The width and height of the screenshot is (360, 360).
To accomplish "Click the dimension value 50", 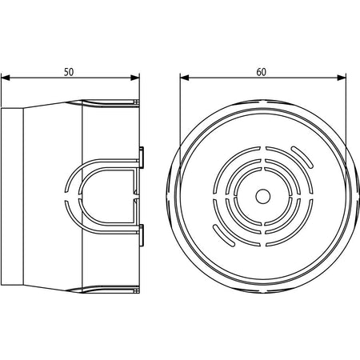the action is pos(69,72).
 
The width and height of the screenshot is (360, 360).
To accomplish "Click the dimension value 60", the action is pos(262,72).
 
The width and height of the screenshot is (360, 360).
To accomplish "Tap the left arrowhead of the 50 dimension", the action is pos(6,78).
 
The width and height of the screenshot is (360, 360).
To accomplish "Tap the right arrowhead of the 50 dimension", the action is pos(135,78).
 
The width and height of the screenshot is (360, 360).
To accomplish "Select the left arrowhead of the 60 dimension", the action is pos(185,78).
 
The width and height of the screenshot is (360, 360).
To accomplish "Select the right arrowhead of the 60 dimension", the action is pos(342,78).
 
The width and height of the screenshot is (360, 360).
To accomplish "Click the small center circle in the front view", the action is pos(263,196).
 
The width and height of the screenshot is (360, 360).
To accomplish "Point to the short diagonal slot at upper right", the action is pos(302,157).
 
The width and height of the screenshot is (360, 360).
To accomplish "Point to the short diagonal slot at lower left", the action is pos(224,236).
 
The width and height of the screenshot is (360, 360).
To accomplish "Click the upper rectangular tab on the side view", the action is pos(142,157).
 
